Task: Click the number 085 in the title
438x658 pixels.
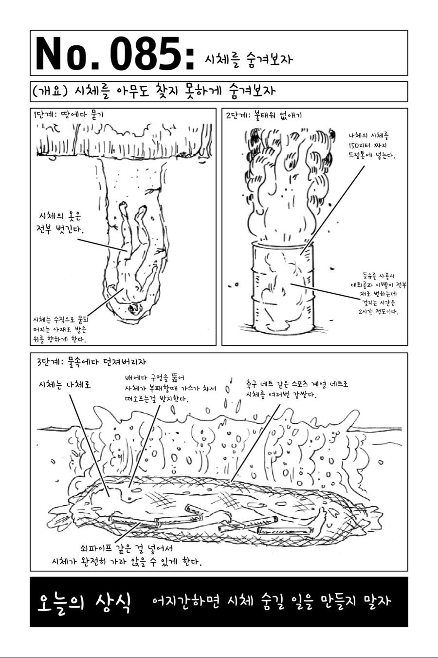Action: pyautogui.click(x=146, y=53)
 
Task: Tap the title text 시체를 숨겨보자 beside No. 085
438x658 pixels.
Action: pyautogui.click(x=249, y=59)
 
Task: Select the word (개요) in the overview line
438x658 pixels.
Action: pyautogui.click(x=50, y=91)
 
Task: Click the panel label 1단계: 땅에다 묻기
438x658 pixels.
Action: pyautogui.click(x=68, y=114)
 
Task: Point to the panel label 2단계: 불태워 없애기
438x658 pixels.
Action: pyautogui.click(x=264, y=115)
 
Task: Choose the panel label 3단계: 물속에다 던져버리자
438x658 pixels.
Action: pyautogui.click(x=91, y=361)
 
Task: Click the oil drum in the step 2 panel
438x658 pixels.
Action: pyautogui.click(x=283, y=288)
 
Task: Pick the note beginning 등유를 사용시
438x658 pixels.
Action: pyautogui.click(x=379, y=294)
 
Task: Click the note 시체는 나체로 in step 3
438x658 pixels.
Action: pyautogui.click(x=65, y=384)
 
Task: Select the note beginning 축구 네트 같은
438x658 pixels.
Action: pyautogui.click(x=297, y=389)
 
